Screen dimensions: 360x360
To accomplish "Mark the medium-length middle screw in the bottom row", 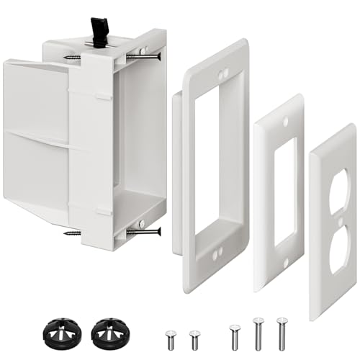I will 233,336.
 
